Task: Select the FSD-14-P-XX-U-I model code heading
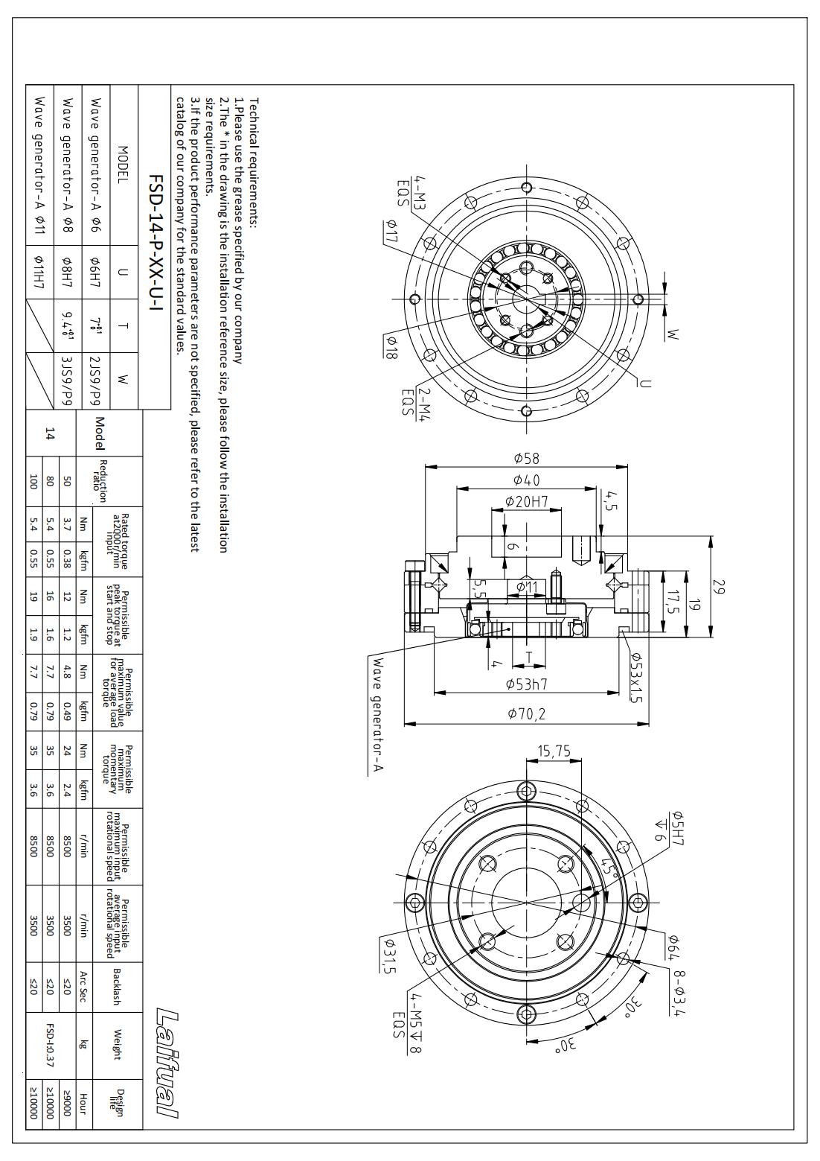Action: (156, 243)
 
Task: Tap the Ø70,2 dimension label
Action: (527, 714)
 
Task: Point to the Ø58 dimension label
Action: (527, 458)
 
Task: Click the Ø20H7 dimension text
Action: (527, 501)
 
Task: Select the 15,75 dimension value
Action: (554, 751)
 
